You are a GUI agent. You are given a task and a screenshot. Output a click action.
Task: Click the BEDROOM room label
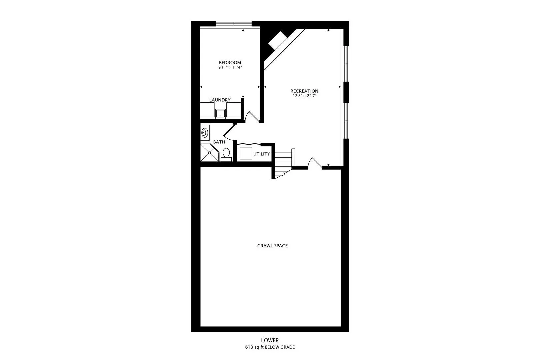click(230, 63)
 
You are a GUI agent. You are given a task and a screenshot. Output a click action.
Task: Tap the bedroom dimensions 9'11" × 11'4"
click(230, 67)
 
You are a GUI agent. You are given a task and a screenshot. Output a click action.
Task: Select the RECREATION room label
click(304, 91)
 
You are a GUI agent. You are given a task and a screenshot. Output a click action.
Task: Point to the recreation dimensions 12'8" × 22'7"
click(304, 96)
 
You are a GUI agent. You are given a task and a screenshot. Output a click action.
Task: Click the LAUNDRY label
click(220, 100)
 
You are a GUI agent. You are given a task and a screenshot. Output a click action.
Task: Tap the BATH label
click(219, 142)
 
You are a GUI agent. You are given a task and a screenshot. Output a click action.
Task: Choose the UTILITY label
click(261, 154)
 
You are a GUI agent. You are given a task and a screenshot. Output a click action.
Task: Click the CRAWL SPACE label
click(272, 246)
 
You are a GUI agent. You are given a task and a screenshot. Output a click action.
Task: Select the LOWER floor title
click(270, 340)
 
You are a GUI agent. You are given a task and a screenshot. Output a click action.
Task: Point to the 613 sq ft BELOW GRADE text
click(270, 347)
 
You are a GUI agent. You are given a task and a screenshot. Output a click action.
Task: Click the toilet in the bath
click(226, 155)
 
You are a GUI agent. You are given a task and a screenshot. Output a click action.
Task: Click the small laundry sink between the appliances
click(220, 114)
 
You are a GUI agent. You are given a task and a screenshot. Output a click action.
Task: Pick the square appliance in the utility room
click(246, 153)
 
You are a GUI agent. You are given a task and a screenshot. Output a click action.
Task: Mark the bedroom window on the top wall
click(234, 24)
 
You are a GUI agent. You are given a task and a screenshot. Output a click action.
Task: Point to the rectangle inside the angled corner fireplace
click(278, 40)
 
